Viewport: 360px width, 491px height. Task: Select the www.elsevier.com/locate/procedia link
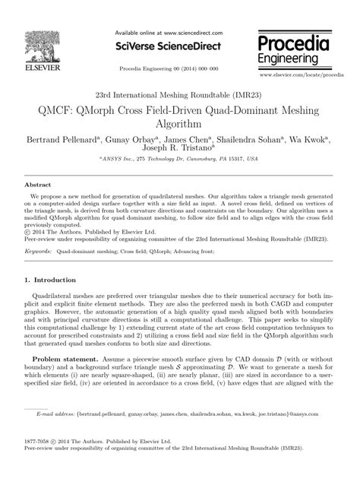tap(302, 76)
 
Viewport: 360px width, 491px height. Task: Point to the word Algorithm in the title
tap(179, 125)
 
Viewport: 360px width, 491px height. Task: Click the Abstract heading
tap(38, 185)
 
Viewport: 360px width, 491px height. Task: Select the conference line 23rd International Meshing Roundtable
tap(179, 97)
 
